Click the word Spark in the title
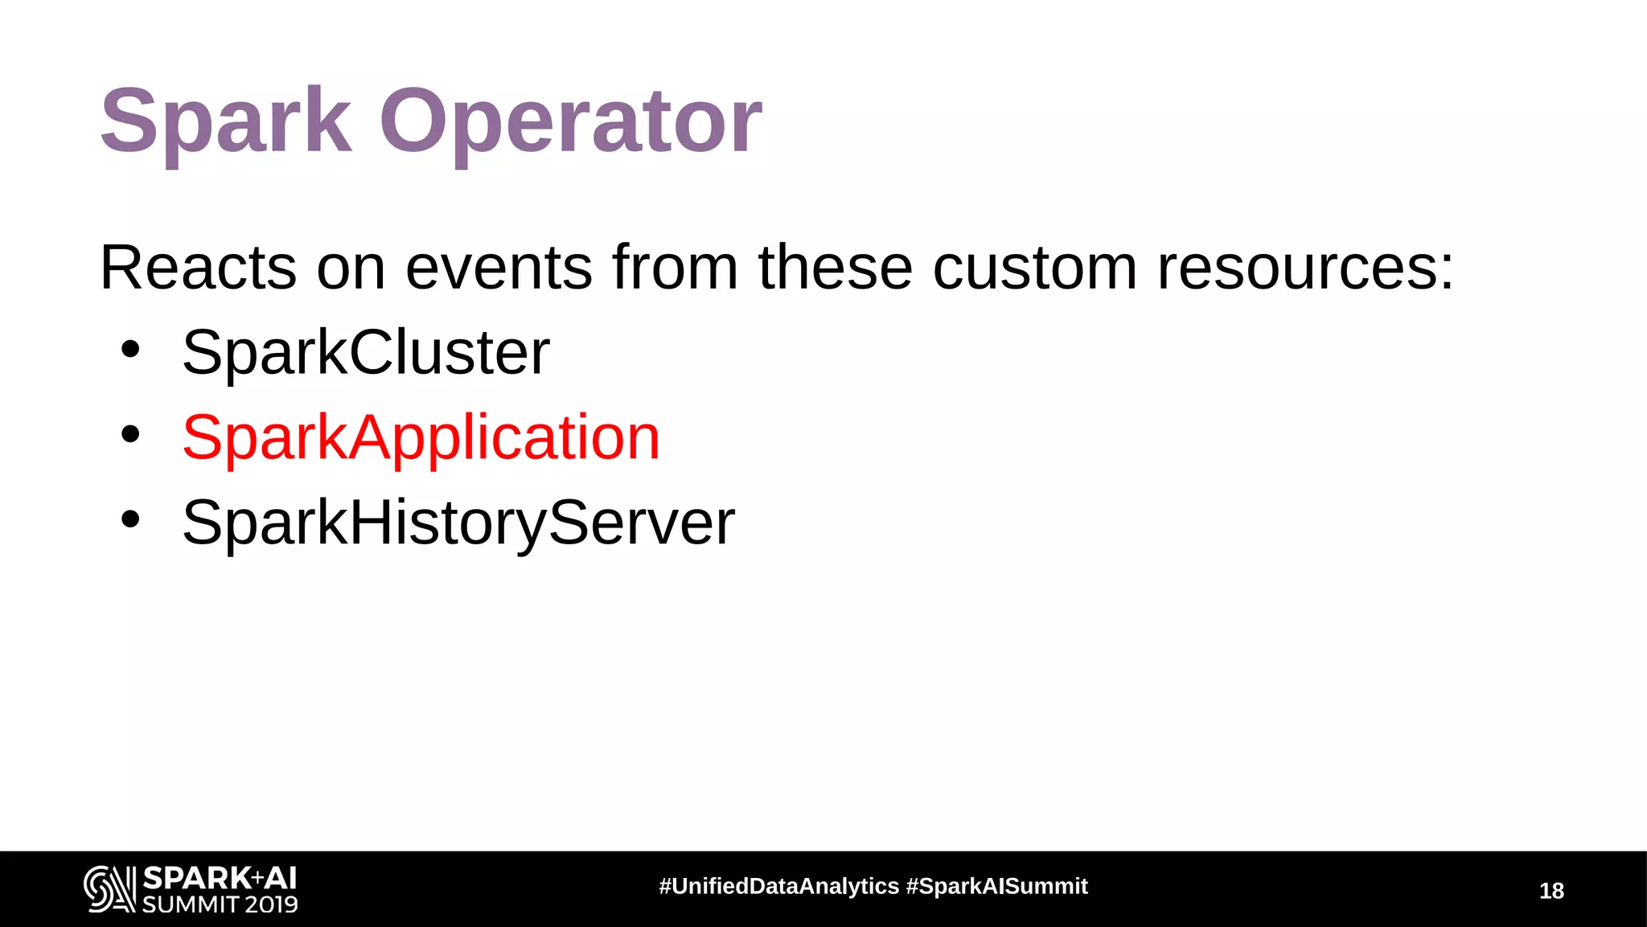[225, 122]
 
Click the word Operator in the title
[570, 122]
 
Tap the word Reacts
[198, 268]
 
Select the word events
[499, 268]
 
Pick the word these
[836, 268]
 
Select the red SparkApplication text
[421, 437]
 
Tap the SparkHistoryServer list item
[458, 523]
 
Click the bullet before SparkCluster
[130, 350]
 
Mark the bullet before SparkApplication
[130, 435]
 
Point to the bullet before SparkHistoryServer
[130, 519]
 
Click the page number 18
[1551, 891]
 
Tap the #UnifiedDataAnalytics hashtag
[778, 886]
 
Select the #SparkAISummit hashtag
[996, 886]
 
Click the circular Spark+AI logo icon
[109, 888]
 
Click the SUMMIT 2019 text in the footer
[220, 904]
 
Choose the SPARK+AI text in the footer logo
[220, 877]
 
